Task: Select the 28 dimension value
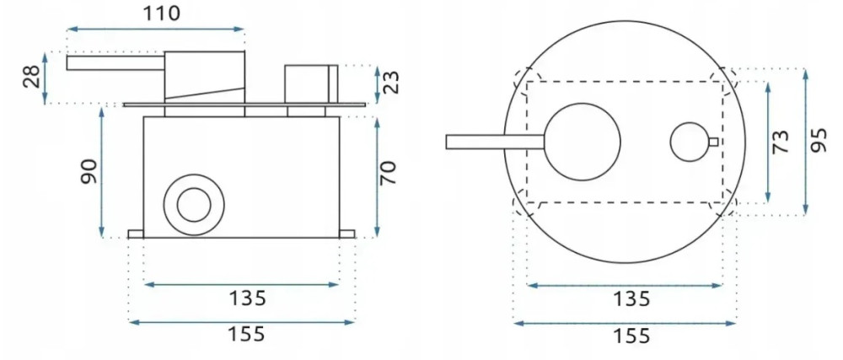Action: point(32,78)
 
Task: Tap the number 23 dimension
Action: point(391,82)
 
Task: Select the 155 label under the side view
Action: point(244,334)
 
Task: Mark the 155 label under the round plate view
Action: point(628,336)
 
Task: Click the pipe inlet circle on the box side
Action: point(194,203)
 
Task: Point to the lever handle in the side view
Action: point(115,62)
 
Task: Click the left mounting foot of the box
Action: point(136,234)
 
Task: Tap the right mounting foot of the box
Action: point(347,234)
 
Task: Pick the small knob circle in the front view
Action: point(690,142)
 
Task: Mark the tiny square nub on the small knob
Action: point(715,142)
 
